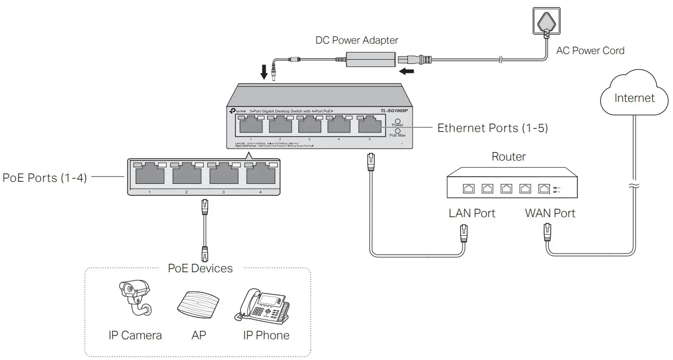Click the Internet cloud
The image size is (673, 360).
(x=634, y=96)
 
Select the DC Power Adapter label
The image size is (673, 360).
(x=357, y=40)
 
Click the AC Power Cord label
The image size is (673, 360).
(x=590, y=51)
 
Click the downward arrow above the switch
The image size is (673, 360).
(x=264, y=72)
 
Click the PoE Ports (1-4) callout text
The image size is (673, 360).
(x=44, y=178)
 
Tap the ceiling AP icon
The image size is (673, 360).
(x=197, y=303)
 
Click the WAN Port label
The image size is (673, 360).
(x=550, y=213)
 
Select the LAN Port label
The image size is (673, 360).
(x=472, y=213)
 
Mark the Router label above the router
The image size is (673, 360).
(x=508, y=156)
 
